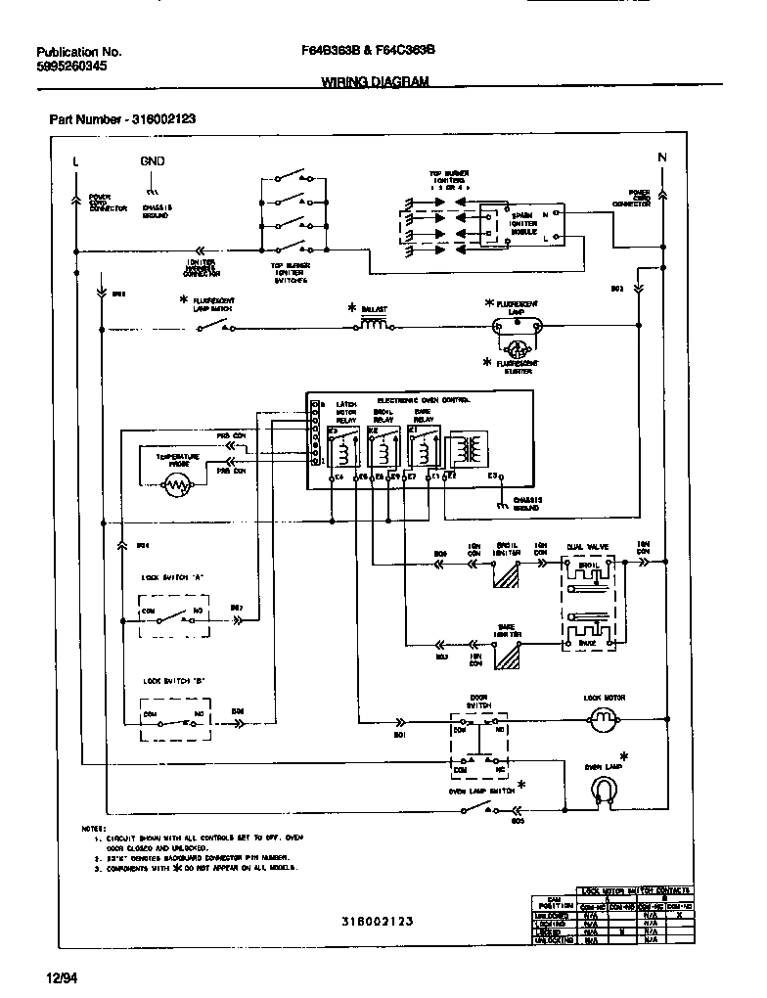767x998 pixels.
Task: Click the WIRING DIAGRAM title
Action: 375,83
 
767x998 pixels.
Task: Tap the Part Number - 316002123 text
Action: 122,119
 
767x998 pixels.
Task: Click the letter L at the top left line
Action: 75,160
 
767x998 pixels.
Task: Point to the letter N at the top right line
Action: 661,159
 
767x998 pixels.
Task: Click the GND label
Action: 152,160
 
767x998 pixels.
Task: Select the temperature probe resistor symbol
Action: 177,482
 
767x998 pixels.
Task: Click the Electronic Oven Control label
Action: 424,400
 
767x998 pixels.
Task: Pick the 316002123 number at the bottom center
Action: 378,921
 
